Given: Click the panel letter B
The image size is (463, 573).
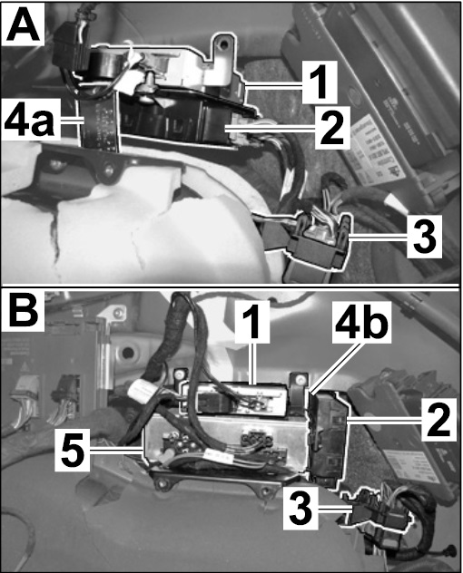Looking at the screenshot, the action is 22,309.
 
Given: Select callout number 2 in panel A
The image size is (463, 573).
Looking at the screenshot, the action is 331,128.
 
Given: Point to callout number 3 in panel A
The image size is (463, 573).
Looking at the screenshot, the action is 424,237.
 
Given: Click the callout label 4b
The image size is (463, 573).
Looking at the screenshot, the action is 360,322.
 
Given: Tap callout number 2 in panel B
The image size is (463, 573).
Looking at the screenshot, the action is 438,421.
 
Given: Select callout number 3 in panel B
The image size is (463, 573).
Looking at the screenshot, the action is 300,510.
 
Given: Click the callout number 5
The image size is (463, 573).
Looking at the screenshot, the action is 74,451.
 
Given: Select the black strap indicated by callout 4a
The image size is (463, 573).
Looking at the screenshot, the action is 100,122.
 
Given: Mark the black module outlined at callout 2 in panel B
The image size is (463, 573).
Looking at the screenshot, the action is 327,440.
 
